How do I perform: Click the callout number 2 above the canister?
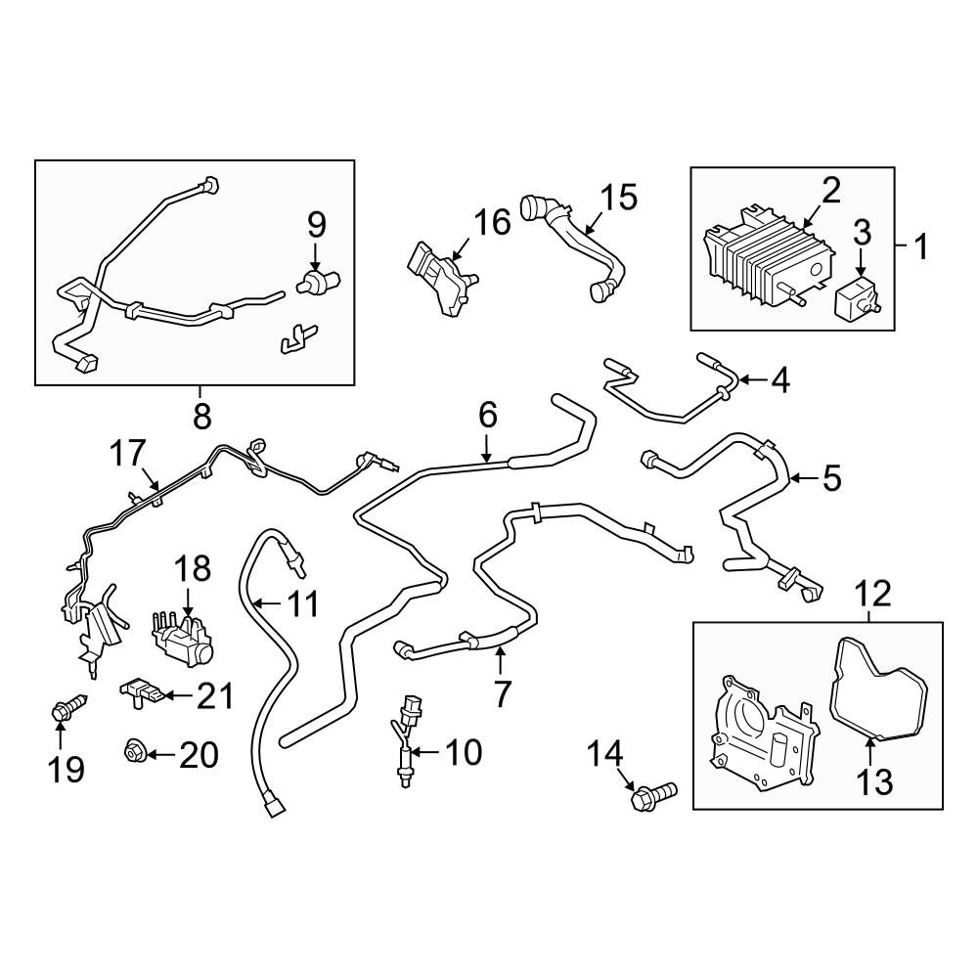pos(830,191)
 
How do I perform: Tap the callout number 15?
pos(619,198)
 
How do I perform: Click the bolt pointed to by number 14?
pos(653,794)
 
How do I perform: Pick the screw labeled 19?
pos(68,707)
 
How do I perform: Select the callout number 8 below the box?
pos(202,416)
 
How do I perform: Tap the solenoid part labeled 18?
pos(182,640)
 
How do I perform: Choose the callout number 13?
pos(875,781)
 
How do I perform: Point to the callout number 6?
pos(487,415)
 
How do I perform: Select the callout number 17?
pos(127,453)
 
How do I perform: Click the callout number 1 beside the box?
pos(920,246)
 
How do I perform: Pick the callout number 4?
pos(780,379)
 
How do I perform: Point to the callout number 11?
pos(302,603)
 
